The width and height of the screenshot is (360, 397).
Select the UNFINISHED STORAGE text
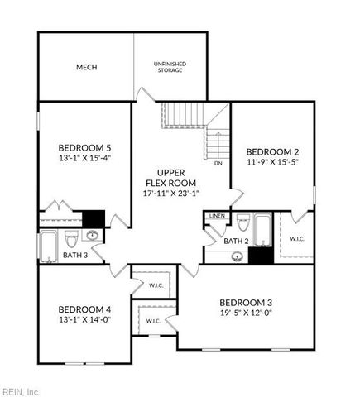(170, 67)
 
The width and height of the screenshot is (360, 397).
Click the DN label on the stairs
(218, 163)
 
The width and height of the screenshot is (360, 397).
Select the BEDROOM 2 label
(272, 152)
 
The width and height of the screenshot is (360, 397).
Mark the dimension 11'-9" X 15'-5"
(272, 164)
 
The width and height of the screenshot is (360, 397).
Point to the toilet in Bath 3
(70, 240)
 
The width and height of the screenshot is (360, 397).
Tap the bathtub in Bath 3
(48, 246)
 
